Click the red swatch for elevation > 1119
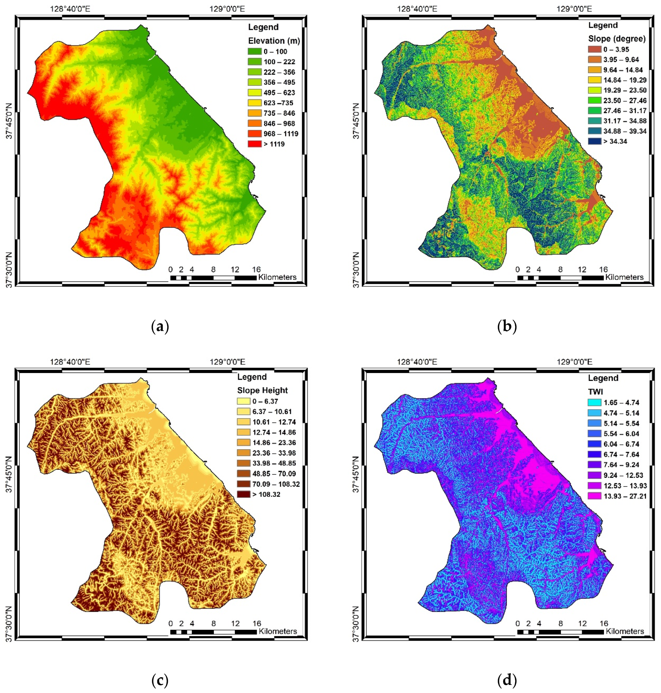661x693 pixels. (x=254, y=144)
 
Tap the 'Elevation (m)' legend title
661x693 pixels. (x=274, y=41)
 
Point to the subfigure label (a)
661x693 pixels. (x=160, y=327)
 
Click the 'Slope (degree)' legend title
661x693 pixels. (x=617, y=38)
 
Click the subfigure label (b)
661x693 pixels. (x=507, y=327)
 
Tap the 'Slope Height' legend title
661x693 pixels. (x=262, y=390)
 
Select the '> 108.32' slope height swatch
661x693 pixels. (x=243, y=494)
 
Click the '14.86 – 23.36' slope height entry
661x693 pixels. (x=274, y=443)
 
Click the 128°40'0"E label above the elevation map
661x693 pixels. (x=70, y=9)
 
